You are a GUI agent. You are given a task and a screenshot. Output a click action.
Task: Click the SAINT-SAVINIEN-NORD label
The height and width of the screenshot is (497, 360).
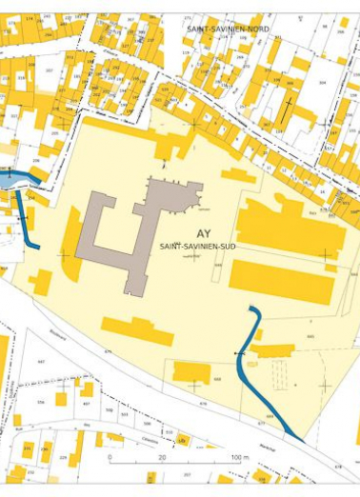(228, 30)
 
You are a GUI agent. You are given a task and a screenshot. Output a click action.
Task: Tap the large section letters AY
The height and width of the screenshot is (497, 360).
(203, 233)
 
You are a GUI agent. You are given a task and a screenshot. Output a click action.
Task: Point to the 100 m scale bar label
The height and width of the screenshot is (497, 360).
(239, 458)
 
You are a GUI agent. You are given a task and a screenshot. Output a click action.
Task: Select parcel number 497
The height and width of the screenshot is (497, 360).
(87, 403)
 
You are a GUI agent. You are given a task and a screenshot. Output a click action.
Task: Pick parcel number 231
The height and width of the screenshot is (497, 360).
(27, 447)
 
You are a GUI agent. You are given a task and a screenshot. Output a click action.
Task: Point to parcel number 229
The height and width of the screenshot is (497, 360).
(63, 458)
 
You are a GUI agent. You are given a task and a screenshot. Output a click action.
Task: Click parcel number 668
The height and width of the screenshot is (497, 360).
(217, 378)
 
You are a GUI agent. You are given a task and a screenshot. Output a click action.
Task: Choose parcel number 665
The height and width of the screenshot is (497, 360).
(310, 336)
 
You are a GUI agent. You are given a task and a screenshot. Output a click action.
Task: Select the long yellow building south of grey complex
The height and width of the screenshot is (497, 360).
(137, 331)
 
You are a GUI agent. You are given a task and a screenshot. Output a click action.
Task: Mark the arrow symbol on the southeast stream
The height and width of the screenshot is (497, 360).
(239, 354)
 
